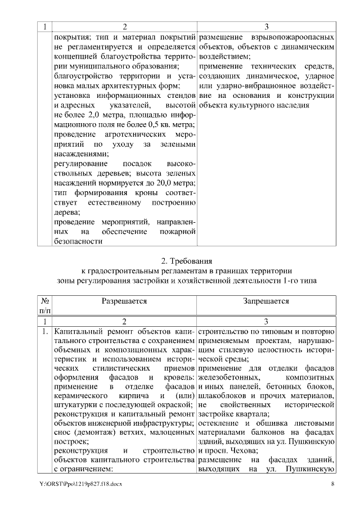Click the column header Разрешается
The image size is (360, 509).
click(x=124, y=301)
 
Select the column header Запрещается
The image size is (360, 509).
click(x=266, y=301)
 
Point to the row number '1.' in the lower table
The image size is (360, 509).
click(x=44, y=332)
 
